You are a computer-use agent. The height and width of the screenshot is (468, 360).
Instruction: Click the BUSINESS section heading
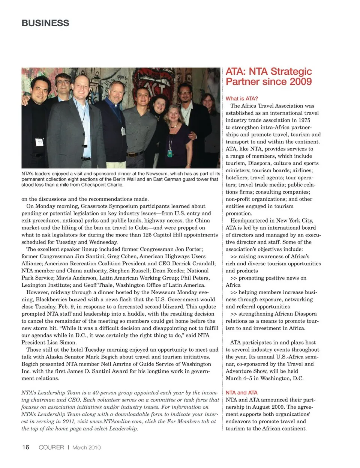tap(45, 23)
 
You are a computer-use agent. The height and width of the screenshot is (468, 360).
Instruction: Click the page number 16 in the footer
tap(25, 447)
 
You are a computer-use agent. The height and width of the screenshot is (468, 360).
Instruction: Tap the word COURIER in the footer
tap(51, 447)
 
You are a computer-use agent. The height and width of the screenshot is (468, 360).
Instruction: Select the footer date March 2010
tap(87, 447)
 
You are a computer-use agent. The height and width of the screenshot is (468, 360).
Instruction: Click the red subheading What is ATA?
tap(242, 99)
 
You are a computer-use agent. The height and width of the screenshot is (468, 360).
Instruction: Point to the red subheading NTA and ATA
tap(241, 393)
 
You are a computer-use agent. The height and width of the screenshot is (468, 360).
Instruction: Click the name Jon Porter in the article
tap(190, 249)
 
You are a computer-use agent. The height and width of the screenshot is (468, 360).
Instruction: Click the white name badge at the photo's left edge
tap(39, 142)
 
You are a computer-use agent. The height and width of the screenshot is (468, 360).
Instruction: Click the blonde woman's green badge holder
tap(170, 153)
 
